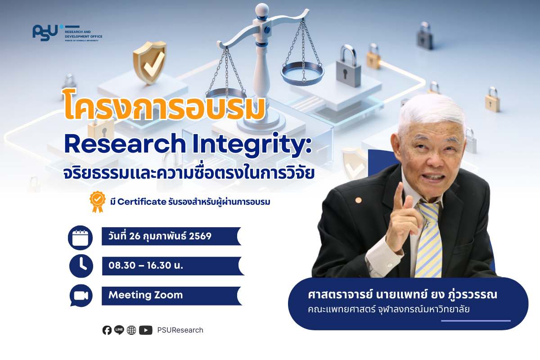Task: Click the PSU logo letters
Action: pyautogui.click(x=45, y=32)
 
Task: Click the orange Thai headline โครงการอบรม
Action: pyautogui.click(x=164, y=106)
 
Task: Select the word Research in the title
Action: pyautogui.click(x=125, y=144)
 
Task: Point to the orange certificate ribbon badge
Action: pyautogui.click(x=97, y=202)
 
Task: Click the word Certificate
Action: pyautogui.click(x=142, y=202)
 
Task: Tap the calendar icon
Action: pyautogui.click(x=80, y=238)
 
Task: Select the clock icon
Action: pyautogui.click(x=81, y=266)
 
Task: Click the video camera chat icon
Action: pyautogui.click(x=81, y=296)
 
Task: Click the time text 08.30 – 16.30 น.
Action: pyautogui.click(x=146, y=265)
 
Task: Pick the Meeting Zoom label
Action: pyautogui.click(x=146, y=295)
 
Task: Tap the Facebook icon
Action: pyautogui.click(x=107, y=330)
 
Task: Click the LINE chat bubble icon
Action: pyautogui.click(x=119, y=330)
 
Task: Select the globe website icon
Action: pyautogui.click(x=131, y=330)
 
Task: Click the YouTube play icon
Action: pyautogui.click(x=146, y=330)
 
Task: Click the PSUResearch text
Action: pyautogui.click(x=180, y=330)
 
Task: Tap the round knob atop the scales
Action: pyautogui.click(x=262, y=10)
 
